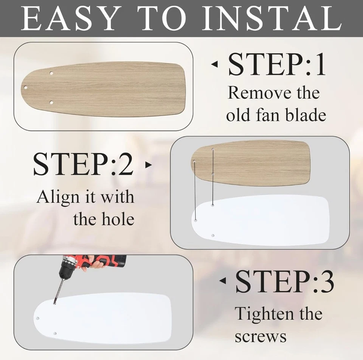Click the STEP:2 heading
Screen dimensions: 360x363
[x=83, y=165]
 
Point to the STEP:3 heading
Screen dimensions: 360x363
[x=285, y=282]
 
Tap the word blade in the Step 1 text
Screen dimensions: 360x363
[x=306, y=115]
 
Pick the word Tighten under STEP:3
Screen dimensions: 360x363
[x=259, y=314]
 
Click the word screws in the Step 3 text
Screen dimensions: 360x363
[x=261, y=336]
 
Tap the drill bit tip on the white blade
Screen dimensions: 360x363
[x=55, y=303]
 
